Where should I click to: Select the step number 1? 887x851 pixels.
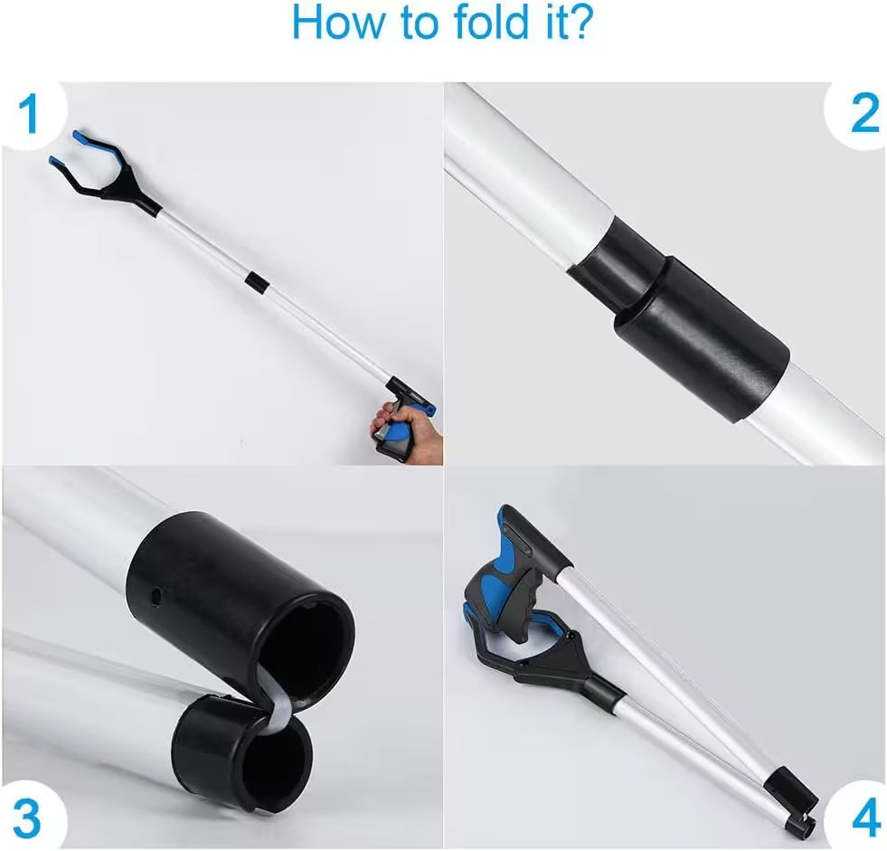point(30,115)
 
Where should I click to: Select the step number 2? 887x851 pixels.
point(863,114)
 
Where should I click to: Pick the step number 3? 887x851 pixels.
point(27,820)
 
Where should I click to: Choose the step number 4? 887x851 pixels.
point(865,820)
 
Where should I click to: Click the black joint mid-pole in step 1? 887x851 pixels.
point(256,281)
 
